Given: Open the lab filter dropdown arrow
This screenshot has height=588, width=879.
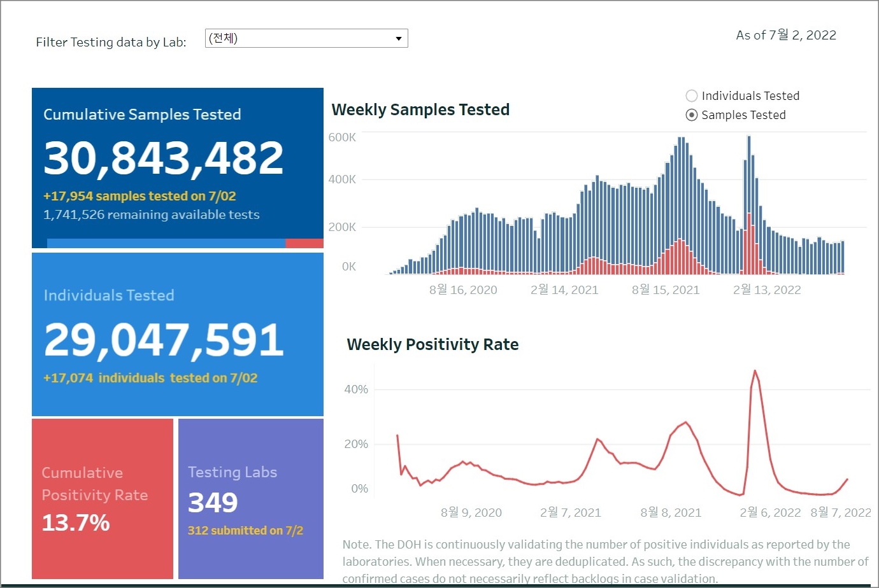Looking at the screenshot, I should [x=399, y=39].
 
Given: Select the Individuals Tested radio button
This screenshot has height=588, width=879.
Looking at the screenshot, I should [x=692, y=96].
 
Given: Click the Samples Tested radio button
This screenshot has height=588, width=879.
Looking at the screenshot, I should [x=692, y=115].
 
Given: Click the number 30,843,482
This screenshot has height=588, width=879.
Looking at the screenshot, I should [x=164, y=158].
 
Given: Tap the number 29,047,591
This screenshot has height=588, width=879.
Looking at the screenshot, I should [x=164, y=340].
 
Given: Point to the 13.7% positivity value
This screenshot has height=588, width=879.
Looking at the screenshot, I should [x=76, y=523].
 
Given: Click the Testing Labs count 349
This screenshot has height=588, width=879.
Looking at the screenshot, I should [x=213, y=503].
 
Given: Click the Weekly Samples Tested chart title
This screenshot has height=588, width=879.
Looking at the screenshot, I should [x=420, y=109].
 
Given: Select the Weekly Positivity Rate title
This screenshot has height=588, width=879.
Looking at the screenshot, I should [x=432, y=344].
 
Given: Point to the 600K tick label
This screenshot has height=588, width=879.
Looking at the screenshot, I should [x=342, y=137].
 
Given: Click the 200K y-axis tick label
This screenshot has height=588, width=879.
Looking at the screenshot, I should [x=342, y=227].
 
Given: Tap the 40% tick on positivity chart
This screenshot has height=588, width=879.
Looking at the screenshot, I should [x=356, y=389].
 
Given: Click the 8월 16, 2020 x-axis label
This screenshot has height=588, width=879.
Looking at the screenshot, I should [x=463, y=290].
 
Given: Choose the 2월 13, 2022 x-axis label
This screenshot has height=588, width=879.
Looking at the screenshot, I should [x=767, y=290].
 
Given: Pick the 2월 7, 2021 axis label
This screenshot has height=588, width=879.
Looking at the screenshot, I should [x=570, y=513].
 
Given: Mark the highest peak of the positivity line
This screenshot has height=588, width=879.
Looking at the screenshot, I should [x=755, y=370].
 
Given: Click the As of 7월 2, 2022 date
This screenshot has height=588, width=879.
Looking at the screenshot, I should [x=786, y=36].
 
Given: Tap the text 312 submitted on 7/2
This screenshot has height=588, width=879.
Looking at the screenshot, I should [x=245, y=531].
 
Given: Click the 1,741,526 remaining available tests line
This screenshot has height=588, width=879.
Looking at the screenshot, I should [x=152, y=215].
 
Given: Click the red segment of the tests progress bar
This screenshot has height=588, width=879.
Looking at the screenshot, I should [x=304, y=243].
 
